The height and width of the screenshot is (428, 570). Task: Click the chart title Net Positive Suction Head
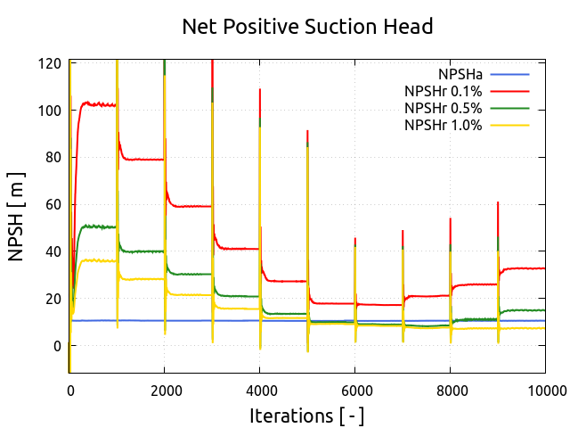(x=307, y=27)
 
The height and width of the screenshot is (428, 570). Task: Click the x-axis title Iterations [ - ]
(x=307, y=415)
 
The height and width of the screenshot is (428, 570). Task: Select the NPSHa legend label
(x=460, y=73)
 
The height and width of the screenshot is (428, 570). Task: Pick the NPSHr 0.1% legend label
(x=443, y=90)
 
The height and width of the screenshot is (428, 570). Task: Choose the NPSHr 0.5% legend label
(x=443, y=108)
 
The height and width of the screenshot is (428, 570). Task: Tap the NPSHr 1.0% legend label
(x=443, y=125)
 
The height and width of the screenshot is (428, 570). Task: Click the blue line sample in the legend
(x=509, y=73)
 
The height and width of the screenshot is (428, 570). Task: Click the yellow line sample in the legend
(x=509, y=125)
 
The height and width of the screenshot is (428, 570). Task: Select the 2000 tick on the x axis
(x=165, y=389)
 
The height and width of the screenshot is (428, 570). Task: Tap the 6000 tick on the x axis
(x=354, y=389)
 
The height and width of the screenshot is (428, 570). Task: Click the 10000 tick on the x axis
(x=543, y=389)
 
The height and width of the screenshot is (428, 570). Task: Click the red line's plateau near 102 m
(x=98, y=104)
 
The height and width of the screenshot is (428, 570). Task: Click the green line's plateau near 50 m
(x=98, y=226)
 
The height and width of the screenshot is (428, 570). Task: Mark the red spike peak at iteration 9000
(x=498, y=203)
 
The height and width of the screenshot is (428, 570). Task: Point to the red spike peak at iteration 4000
(x=260, y=89)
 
